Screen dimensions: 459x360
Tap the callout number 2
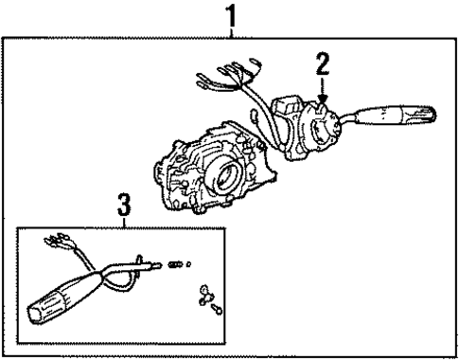[323, 65]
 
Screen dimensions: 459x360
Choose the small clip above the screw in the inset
[203, 295]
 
